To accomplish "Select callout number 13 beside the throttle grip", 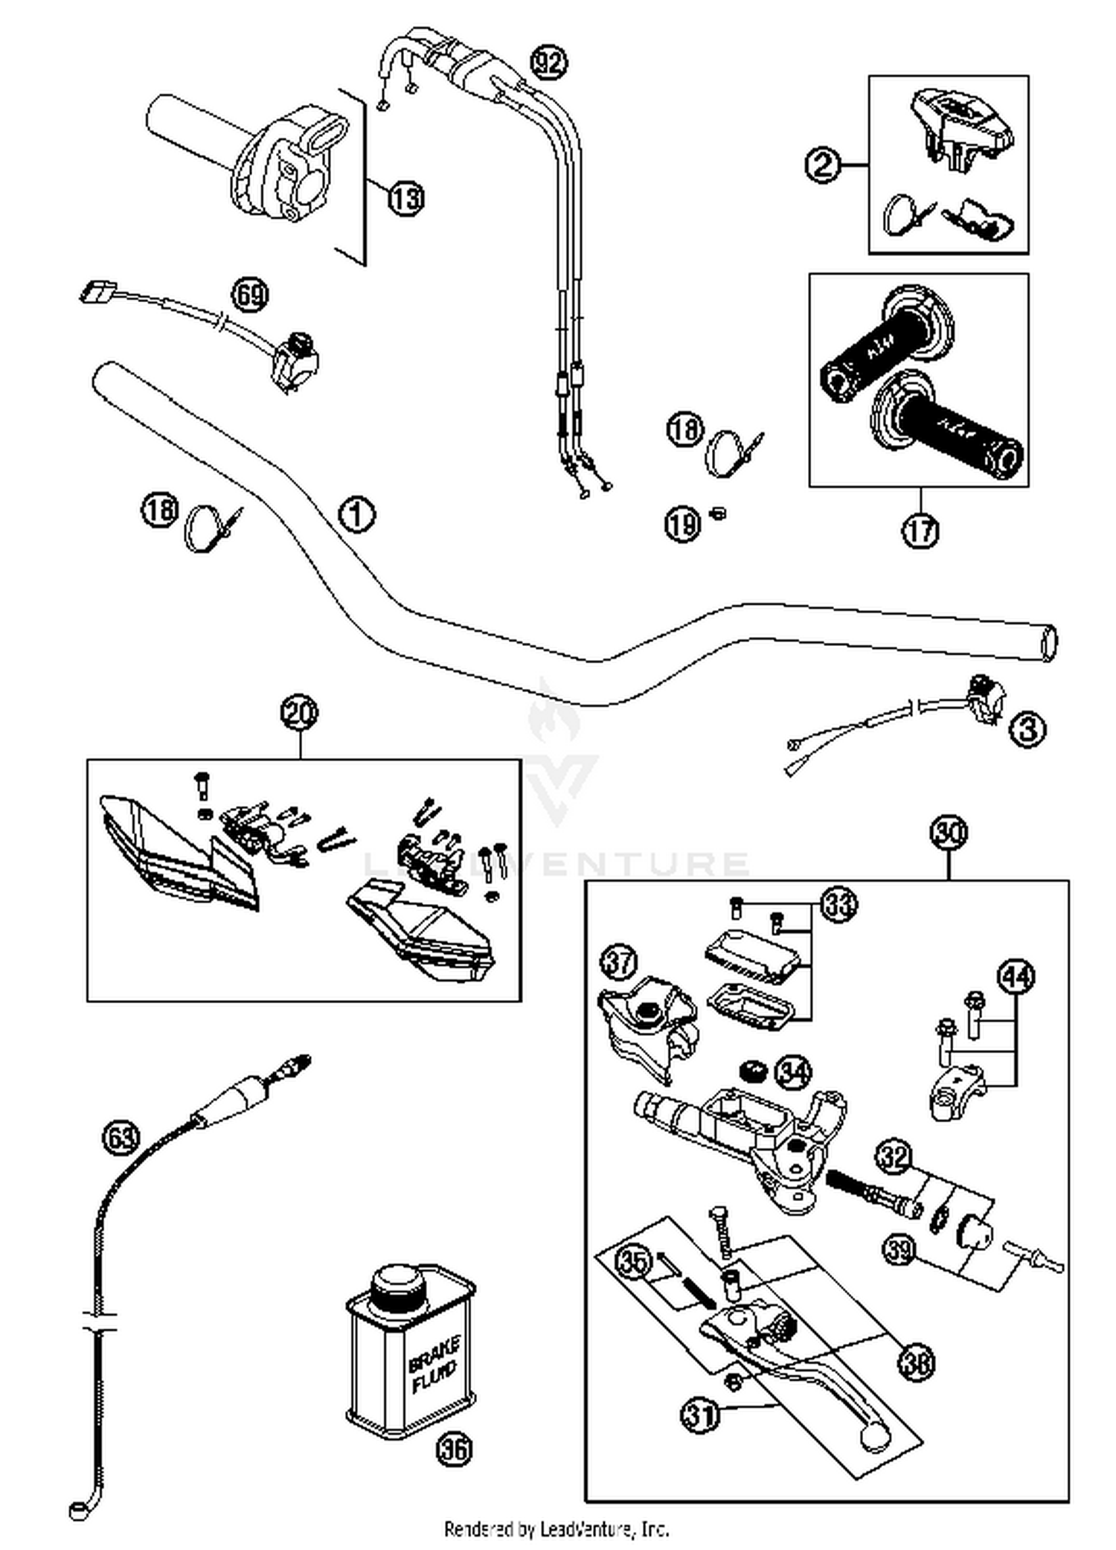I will pyautogui.click(x=406, y=199).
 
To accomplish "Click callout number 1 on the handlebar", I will pyautogui.click(x=356, y=514).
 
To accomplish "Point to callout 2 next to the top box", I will pyautogui.click(x=824, y=164).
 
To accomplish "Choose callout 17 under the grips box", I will pyautogui.click(x=920, y=531).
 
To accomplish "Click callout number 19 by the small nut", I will pyautogui.click(x=682, y=524).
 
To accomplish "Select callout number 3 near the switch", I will pyautogui.click(x=1027, y=729).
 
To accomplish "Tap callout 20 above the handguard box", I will pyautogui.click(x=299, y=713).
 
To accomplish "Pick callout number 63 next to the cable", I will pyautogui.click(x=121, y=1136).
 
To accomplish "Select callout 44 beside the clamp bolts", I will pyautogui.click(x=1016, y=976).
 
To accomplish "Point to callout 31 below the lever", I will pyautogui.click(x=700, y=1414).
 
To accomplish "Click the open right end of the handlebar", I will pyautogui.click(x=1048, y=643).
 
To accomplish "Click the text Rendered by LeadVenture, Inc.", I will pyautogui.click(x=557, y=1529).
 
